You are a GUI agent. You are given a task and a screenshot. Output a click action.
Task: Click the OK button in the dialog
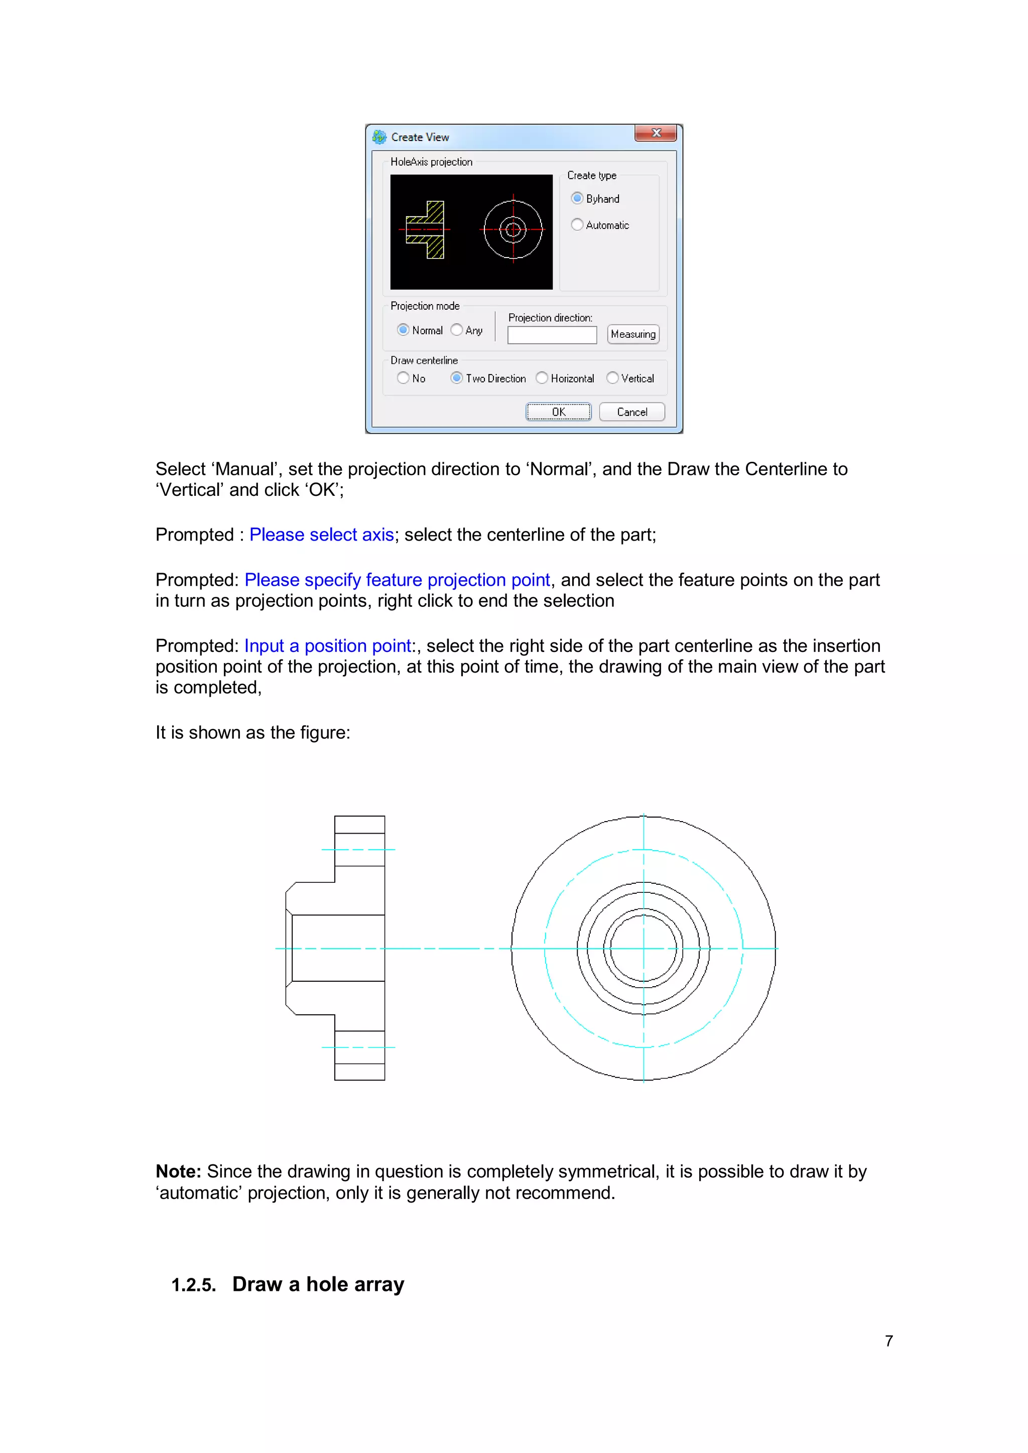pyautogui.click(x=558, y=412)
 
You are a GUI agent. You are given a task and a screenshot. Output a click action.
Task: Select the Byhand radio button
pyautogui.click(x=577, y=198)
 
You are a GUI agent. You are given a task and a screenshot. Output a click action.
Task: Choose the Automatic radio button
pyautogui.click(x=577, y=225)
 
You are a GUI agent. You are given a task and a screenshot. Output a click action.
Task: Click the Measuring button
pyautogui.click(x=632, y=334)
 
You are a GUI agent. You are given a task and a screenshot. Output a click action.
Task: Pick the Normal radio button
pyautogui.click(x=403, y=330)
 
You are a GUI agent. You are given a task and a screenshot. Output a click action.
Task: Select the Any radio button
pyautogui.click(x=456, y=330)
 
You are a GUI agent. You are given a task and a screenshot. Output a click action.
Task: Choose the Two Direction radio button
pyautogui.click(x=456, y=378)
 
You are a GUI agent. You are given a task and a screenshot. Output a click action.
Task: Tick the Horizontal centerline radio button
pyautogui.click(x=542, y=378)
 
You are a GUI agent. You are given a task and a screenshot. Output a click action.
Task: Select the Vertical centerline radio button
pyautogui.click(x=612, y=378)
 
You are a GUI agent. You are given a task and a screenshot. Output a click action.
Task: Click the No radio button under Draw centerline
pyautogui.click(x=403, y=378)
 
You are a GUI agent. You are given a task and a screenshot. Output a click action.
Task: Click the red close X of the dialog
pyautogui.click(x=656, y=133)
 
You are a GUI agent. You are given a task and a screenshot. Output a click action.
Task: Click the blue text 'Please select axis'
pyautogui.click(x=322, y=535)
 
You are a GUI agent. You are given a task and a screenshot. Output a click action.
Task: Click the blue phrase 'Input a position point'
pyautogui.click(x=327, y=646)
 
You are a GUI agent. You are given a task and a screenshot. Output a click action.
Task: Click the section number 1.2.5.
pyautogui.click(x=193, y=1285)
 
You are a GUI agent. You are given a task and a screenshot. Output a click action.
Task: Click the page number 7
pyautogui.click(x=889, y=1341)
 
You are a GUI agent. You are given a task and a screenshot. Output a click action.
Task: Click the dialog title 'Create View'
pyautogui.click(x=420, y=138)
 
